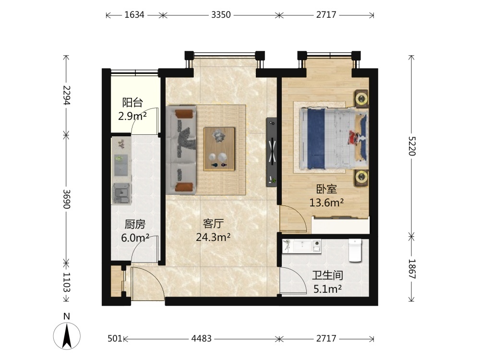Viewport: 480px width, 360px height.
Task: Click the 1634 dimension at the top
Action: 134,15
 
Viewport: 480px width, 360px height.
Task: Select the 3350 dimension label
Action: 221,15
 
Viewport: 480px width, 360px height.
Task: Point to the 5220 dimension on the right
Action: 412,146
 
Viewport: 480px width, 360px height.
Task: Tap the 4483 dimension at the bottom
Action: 202,338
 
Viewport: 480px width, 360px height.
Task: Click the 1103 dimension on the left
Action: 66,282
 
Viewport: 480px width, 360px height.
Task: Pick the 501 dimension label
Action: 115,338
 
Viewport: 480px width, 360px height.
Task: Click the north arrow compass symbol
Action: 67,332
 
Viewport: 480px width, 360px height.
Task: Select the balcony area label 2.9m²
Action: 132,116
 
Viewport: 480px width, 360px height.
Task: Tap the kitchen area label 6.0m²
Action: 135,238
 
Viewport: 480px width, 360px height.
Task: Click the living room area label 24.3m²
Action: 213,237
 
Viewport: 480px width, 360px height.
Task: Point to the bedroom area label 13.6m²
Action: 326,203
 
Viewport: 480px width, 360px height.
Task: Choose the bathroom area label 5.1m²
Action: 327,288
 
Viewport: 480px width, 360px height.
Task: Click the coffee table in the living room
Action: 219,149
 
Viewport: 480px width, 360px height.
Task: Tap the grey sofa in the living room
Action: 181,150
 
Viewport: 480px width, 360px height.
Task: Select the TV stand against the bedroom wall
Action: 272,152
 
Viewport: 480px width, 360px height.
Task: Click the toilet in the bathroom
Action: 355,251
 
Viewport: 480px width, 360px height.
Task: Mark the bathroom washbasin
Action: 302,245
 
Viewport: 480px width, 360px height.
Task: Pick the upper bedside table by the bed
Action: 361,98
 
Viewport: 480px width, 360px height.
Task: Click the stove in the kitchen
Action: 122,193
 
